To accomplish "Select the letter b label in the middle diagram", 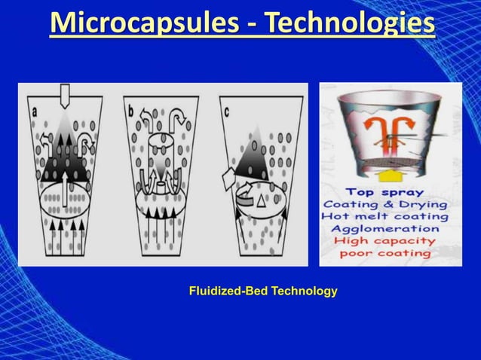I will coord(130,110).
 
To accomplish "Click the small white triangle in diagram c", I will coord(261,201).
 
